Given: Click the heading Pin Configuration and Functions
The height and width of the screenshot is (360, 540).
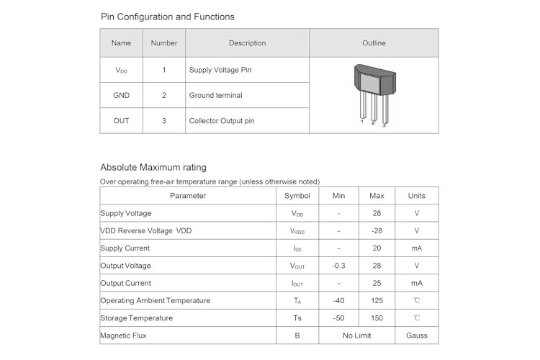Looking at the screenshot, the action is pos(167,17).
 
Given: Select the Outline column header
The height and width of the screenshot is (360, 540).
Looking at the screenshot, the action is pos(374,43).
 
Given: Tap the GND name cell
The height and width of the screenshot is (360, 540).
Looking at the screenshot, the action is pos(121,96).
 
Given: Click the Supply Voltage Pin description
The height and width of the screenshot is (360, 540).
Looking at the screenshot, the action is pos(220,70).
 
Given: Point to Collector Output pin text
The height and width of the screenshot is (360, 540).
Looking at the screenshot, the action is pos(222,121).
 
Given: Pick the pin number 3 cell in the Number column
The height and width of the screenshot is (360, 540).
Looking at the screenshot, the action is pos(164,121).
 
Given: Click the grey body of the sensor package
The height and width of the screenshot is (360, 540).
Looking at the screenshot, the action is pos(374,80).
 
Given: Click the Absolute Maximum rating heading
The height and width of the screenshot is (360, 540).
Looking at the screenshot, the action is pos(153,168).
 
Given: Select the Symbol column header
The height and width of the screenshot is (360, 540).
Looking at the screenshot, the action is pos(297,196).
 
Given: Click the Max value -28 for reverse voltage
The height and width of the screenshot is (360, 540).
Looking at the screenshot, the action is pos(377,231).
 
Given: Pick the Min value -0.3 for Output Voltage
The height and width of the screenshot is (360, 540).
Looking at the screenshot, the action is pos(338,266).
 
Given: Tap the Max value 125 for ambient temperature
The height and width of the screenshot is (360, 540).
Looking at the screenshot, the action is pos(377,300).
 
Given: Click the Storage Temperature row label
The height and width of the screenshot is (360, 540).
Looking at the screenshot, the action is pos(136,318).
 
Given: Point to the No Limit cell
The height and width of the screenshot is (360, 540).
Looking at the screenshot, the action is pos(357,336).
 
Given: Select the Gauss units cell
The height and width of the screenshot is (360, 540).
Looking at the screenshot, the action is pos(417,336).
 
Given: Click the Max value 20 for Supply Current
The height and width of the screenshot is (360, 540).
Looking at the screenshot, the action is pos(377,248).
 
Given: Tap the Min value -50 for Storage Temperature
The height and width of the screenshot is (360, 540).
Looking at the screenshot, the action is pos(338,318).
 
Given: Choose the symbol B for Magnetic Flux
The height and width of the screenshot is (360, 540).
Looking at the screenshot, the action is pos(297,336).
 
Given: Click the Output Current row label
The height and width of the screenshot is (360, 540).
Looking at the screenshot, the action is pos(126,283).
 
